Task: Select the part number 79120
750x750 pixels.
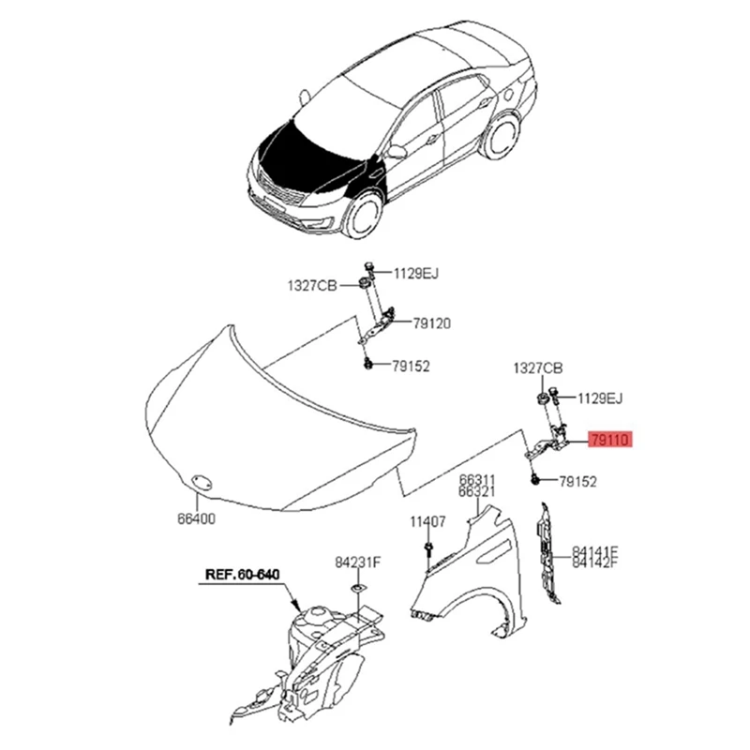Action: pyautogui.click(x=431, y=323)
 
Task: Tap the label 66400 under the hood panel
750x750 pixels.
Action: pyautogui.click(x=197, y=518)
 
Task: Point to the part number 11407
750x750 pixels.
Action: pyautogui.click(x=427, y=521)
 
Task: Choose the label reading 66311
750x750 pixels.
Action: pyautogui.click(x=477, y=479)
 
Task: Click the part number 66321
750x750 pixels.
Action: pyautogui.click(x=477, y=491)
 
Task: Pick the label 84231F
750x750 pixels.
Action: pyautogui.click(x=357, y=562)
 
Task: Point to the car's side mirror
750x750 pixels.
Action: pyautogui.click(x=397, y=151)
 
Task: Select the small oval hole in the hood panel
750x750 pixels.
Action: pyautogui.click(x=198, y=481)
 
